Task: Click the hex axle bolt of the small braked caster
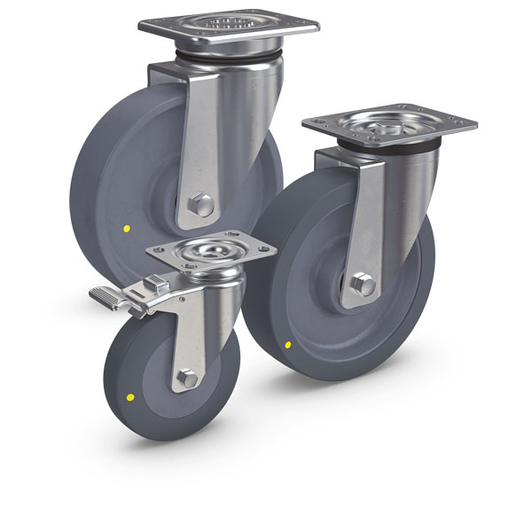coord(188,379)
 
